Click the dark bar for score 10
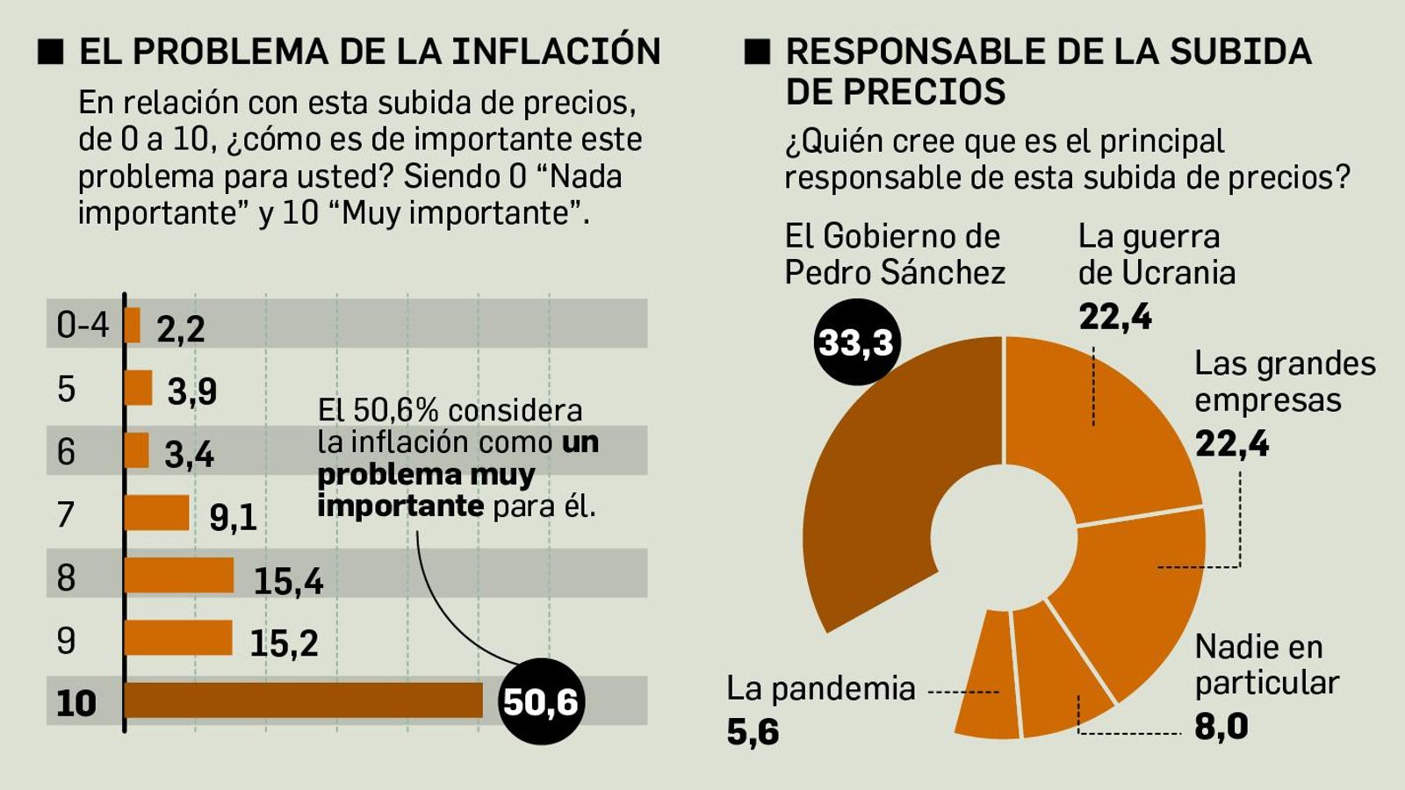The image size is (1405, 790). click(303, 700)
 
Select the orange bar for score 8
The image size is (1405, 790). click(179, 576)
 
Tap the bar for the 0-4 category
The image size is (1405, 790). click(133, 325)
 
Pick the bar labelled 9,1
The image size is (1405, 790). click(156, 513)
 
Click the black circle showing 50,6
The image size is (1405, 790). click(540, 701)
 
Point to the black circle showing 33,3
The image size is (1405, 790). click(856, 342)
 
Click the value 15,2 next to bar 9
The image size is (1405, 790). click(284, 643)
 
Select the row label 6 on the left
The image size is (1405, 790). click(67, 451)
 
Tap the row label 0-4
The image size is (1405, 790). click(83, 325)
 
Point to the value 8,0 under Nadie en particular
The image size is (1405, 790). click(1221, 727)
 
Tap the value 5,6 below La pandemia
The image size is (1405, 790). click(753, 731)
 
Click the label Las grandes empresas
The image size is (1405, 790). click(1284, 382)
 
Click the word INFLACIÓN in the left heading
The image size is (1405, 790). click(556, 51)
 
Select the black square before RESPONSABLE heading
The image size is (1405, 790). click(757, 52)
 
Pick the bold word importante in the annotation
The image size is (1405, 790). click(400, 506)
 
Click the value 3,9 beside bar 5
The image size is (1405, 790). click(191, 391)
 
